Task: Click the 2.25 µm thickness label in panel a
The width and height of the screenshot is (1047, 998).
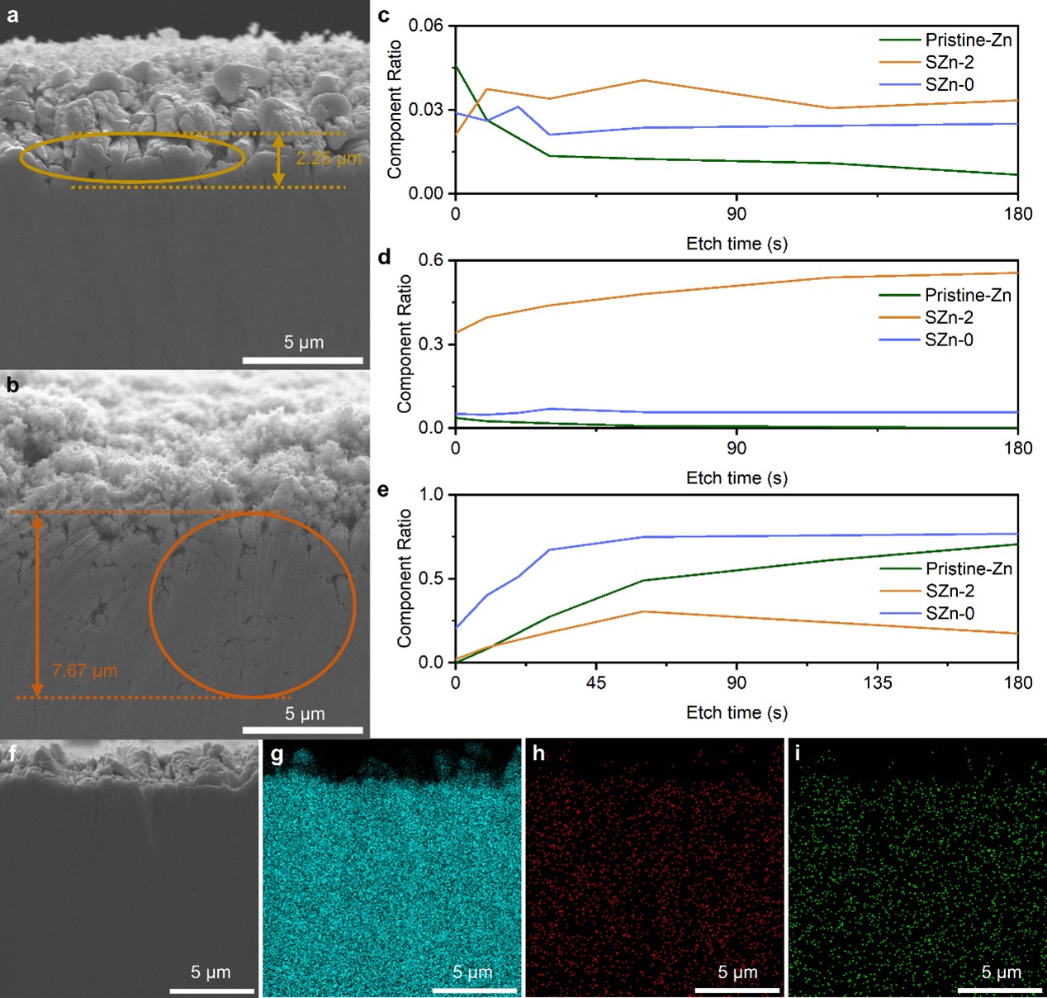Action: (329, 159)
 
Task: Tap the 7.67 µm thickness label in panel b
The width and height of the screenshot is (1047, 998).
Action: (84, 671)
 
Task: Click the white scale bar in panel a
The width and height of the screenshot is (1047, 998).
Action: (303, 360)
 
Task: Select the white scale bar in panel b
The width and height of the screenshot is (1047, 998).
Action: (303, 729)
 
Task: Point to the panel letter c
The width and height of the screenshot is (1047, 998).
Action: (383, 15)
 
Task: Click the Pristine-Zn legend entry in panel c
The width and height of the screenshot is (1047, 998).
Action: (968, 40)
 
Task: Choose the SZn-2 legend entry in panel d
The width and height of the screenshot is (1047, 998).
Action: (949, 317)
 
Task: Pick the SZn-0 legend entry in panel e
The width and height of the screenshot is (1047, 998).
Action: (950, 613)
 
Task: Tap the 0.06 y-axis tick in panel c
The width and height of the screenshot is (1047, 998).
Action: (426, 26)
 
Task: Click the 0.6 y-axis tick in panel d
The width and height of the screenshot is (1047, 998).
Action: (431, 260)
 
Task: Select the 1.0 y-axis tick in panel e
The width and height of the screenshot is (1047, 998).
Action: (431, 495)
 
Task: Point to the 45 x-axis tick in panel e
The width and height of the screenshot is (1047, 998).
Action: (596, 682)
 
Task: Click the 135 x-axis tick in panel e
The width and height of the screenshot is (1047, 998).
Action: (878, 682)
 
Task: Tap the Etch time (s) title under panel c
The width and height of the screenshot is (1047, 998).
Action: (737, 244)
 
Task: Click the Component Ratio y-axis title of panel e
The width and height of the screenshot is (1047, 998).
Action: (404, 578)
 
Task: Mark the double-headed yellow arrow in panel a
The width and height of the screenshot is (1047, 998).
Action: (279, 160)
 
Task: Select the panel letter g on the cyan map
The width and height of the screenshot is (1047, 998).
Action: (277, 754)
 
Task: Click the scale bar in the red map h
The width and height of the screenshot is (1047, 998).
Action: (737, 990)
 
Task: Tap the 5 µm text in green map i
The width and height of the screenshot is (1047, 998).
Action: (1001, 972)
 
